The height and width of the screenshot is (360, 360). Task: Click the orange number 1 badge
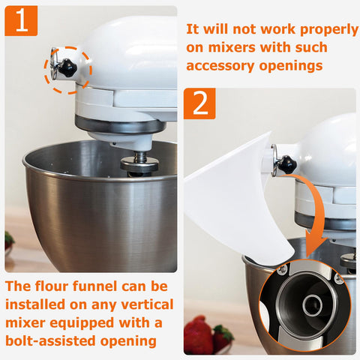[21, 21]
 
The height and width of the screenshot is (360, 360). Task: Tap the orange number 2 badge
[199, 103]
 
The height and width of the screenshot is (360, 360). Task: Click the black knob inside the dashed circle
[67, 67]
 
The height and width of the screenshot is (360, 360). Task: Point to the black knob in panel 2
[287, 163]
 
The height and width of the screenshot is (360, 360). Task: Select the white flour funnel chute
[235, 200]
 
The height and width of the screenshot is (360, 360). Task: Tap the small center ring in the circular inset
[312, 304]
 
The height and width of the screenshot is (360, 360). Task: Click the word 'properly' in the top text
[329, 30]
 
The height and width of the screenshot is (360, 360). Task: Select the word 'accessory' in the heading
[220, 66]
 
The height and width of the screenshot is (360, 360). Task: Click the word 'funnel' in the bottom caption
[95, 286]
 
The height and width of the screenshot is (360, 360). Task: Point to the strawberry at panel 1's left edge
[9, 241]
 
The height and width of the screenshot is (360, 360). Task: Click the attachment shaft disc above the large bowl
[139, 163]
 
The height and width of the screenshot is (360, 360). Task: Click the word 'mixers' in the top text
[230, 47]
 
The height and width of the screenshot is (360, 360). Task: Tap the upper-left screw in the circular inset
[282, 270]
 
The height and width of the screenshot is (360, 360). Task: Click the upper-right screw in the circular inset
[339, 279]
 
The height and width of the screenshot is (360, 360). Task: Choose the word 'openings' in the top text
[290, 67]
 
